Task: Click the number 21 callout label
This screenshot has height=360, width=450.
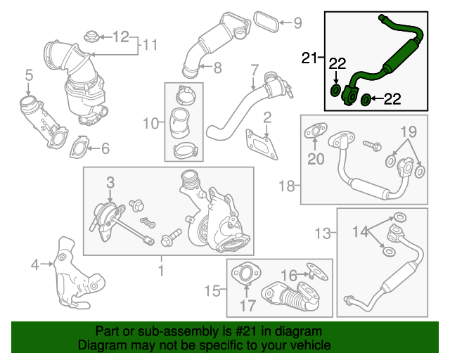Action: [309, 57]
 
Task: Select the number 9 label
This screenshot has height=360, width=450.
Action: [297, 23]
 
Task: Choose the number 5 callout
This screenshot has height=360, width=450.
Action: [29, 75]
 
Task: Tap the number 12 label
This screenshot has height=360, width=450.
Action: [122, 35]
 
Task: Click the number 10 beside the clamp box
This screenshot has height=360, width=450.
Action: [150, 124]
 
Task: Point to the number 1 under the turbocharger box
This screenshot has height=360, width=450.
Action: [160, 269]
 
